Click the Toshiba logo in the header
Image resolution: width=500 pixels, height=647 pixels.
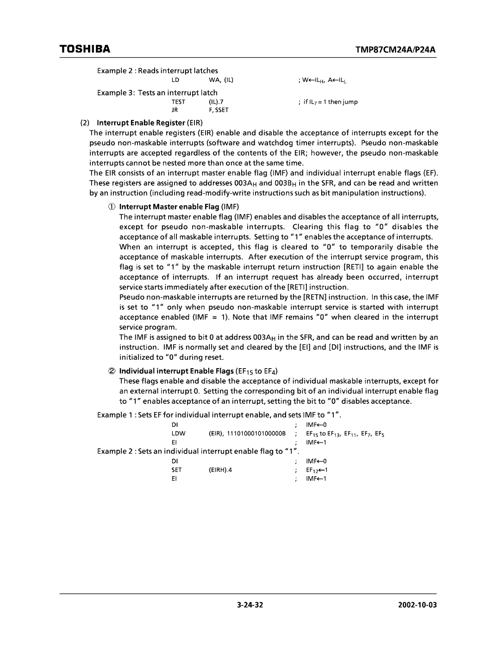pos(84,49)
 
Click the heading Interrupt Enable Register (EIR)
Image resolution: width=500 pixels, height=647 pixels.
pos(141,123)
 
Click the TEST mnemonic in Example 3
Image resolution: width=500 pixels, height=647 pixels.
pos(178,102)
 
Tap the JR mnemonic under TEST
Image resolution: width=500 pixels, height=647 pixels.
pos(175,110)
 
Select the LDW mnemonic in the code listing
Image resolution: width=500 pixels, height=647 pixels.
pos(177,433)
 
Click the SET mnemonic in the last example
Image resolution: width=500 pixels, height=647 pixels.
pos(176,470)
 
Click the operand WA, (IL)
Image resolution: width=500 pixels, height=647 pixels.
pos(217,80)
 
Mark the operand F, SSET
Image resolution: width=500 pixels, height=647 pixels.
pos(219,110)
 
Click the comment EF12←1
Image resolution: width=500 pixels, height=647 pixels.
pos(316,470)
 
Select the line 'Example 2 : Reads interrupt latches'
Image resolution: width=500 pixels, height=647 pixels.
pos(157,70)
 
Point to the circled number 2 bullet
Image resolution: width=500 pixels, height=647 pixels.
pos(112,371)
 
